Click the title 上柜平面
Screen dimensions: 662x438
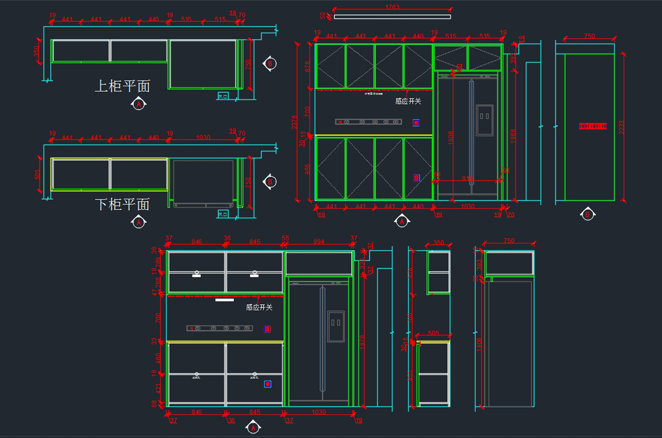pos(122,86)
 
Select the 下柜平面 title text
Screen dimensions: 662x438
pos(122,204)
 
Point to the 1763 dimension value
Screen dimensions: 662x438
pos(392,7)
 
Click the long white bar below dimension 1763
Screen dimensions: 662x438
pos(392,17)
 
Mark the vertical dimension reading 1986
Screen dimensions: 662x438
pos(514,136)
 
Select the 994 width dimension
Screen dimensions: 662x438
pos(318,241)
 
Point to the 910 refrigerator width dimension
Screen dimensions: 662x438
pos(467,178)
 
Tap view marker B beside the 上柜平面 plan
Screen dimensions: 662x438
pos(270,64)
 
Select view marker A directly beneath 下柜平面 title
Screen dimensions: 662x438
pos(138,222)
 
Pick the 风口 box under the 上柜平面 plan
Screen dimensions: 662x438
pos(223,97)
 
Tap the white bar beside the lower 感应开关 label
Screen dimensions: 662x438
pos(225,300)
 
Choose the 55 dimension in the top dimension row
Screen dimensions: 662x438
pos(285,239)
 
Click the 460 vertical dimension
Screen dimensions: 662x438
pos(158,357)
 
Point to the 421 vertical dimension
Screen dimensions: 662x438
pos(158,388)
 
